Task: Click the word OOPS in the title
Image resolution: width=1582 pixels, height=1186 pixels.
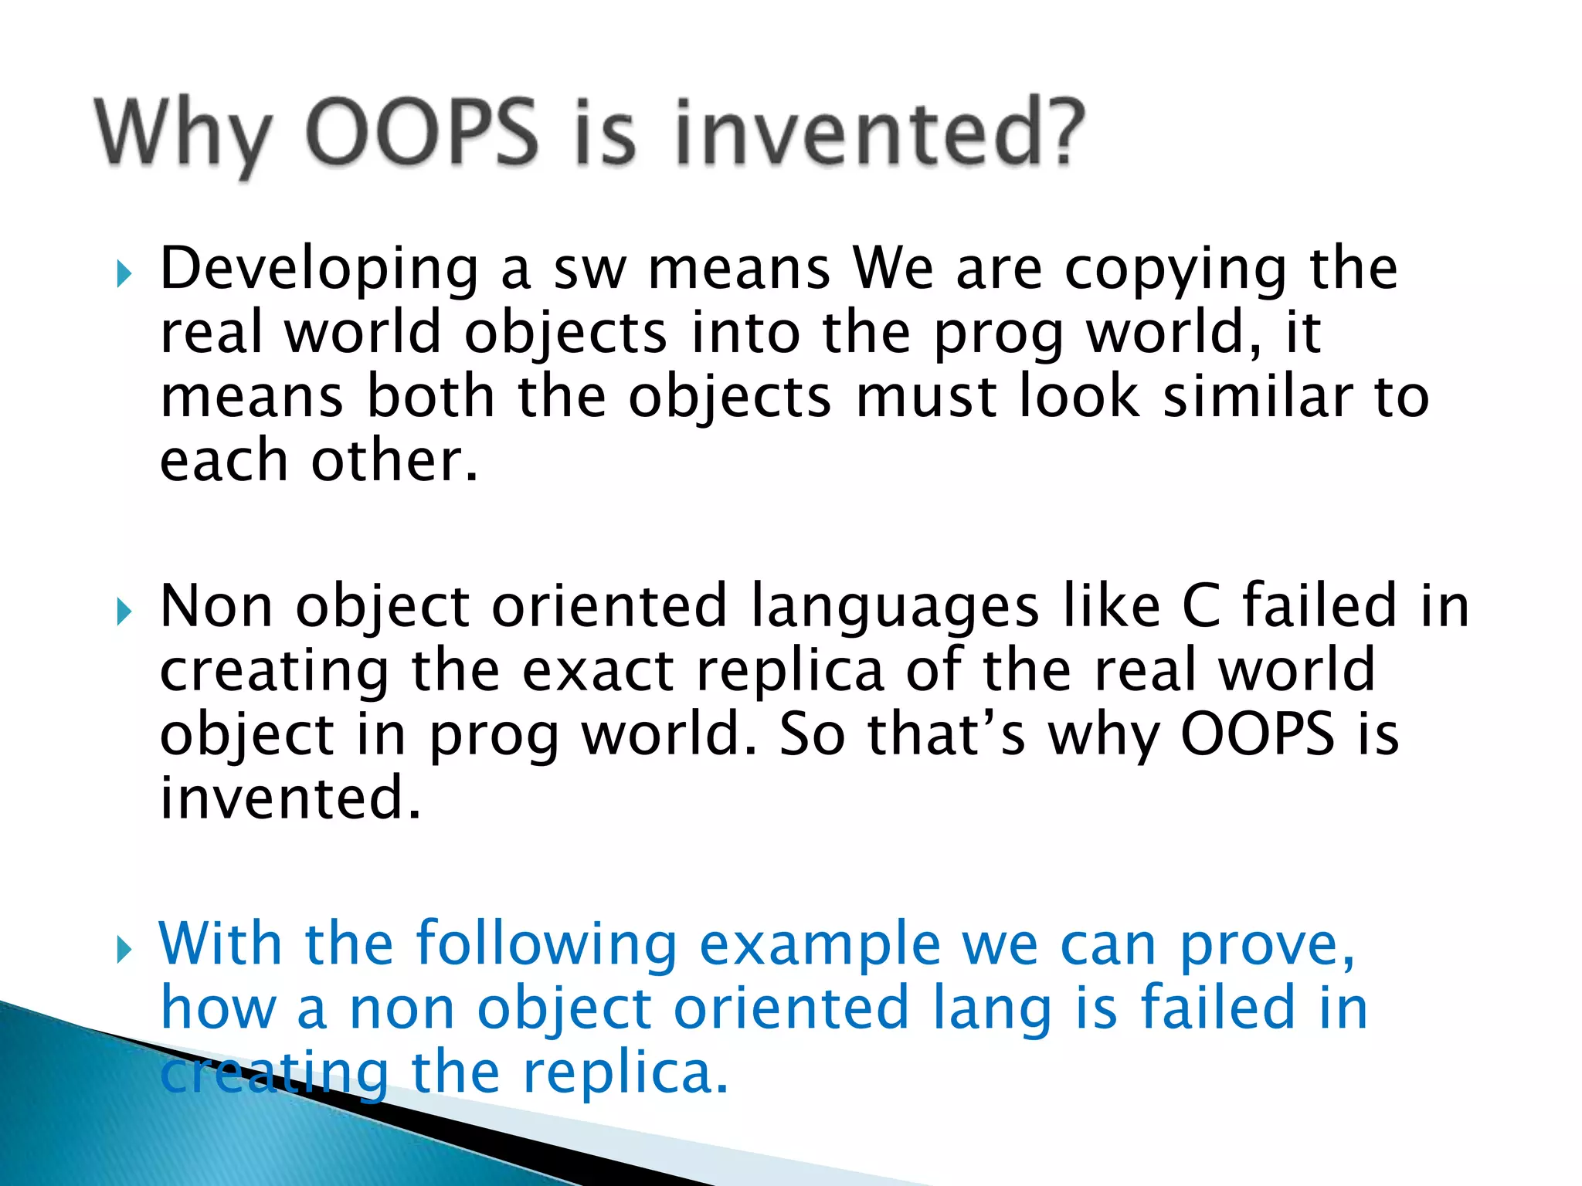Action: (x=422, y=133)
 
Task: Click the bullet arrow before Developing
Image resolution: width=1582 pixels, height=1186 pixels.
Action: (x=124, y=274)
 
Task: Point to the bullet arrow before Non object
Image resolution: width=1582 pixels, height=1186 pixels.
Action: (x=124, y=612)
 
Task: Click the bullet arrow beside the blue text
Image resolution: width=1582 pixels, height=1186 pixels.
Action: (x=124, y=950)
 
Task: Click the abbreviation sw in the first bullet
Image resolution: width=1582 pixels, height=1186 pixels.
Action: (x=589, y=270)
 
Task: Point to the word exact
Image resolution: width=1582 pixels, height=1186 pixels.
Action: (x=598, y=671)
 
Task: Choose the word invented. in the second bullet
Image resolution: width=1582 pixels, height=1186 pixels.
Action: (x=290, y=798)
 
